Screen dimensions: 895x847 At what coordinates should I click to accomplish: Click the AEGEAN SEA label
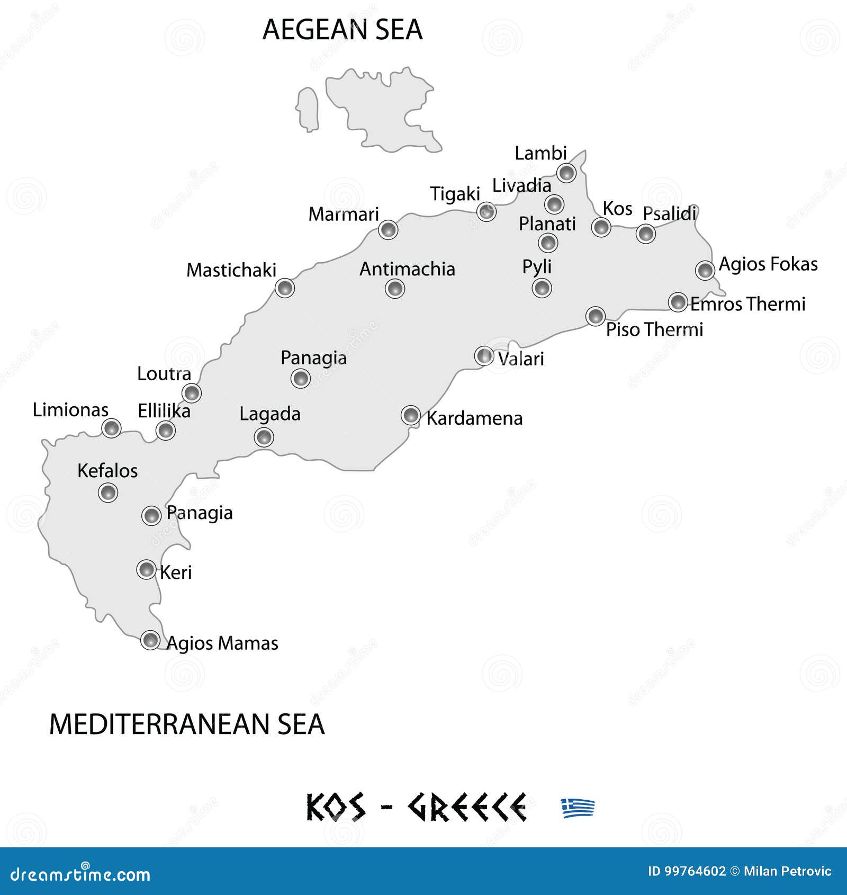[x=343, y=30]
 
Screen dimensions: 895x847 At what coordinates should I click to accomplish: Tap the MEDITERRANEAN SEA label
[x=186, y=724]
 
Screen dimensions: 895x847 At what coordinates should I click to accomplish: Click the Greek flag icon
[x=578, y=808]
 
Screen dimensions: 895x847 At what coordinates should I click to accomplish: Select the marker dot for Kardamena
[x=411, y=415]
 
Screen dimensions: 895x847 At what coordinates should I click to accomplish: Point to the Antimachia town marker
[x=395, y=289]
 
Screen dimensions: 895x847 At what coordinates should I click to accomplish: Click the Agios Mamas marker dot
[x=150, y=640]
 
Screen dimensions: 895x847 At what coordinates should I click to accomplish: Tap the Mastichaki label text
[x=231, y=270]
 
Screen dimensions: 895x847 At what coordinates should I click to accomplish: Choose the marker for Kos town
[x=601, y=227]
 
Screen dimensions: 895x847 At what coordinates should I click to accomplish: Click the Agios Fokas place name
[x=768, y=264]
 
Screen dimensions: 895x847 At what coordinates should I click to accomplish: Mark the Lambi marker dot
[x=566, y=173]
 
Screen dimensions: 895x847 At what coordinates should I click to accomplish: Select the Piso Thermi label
[x=654, y=329]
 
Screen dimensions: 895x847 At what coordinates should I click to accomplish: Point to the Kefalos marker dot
[x=108, y=493]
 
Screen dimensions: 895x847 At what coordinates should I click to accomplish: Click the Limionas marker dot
[x=111, y=427]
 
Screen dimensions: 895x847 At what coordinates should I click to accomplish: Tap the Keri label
[x=176, y=572]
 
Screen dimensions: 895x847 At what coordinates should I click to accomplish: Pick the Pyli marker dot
[x=542, y=288]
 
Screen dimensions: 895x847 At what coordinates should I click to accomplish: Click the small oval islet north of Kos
[x=307, y=109]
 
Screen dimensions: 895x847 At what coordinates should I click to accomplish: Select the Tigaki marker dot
[x=486, y=212]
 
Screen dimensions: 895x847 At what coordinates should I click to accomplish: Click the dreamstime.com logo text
[x=80, y=874]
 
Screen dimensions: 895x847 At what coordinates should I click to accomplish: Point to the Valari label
[x=521, y=359]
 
